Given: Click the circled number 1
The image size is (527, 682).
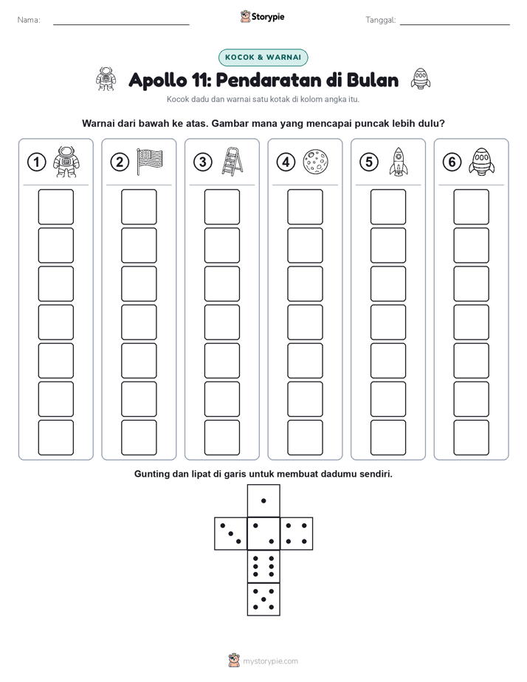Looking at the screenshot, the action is (x=36, y=162).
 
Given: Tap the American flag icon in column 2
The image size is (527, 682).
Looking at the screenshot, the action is (x=150, y=162).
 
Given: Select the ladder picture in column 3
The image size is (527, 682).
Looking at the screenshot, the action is (x=232, y=162).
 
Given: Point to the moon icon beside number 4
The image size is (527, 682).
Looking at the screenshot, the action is (x=315, y=162).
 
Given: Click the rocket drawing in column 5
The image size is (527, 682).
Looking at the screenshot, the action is (x=398, y=162).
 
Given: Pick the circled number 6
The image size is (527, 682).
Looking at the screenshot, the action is (x=452, y=162).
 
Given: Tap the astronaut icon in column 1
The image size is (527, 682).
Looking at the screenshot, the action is (x=66, y=162).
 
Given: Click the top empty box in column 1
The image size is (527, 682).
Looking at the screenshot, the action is (x=56, y=207).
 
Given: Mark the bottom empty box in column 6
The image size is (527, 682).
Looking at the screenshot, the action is (x=472, y=438).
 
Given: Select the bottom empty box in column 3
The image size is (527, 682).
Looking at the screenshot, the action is (x=222, y=438).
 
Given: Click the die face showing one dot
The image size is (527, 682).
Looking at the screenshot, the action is (x=263, y=500).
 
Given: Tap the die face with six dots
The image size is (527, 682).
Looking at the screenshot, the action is (x=263, y=566).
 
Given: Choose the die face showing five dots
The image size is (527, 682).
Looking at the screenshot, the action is (x=263, y=599).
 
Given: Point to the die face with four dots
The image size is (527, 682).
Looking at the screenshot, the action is (x=297, y=533).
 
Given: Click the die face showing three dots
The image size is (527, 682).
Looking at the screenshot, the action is (x=231, y=533).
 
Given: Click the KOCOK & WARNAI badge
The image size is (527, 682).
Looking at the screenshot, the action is (x=263, y=58).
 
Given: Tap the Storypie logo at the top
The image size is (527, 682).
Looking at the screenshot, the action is (x=262, y=17).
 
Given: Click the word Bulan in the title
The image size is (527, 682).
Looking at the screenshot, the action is (x=373, y=80).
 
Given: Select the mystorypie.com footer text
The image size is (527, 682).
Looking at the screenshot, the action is (x=270, y=661).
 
